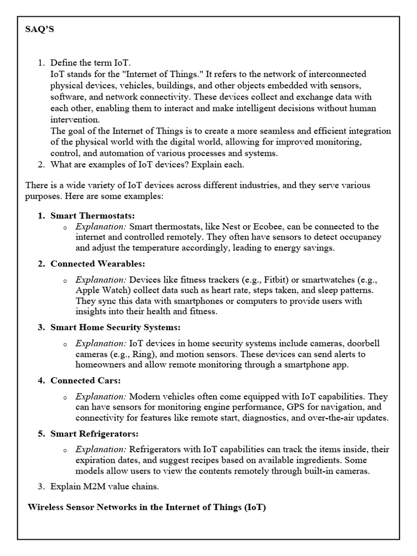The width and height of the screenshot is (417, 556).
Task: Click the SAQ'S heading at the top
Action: point(40,30)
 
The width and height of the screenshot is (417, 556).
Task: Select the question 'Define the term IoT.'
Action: point(91,63)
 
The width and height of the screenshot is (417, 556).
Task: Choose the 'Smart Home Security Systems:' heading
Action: point(115,327)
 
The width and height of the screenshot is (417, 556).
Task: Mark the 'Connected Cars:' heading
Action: point(85,380)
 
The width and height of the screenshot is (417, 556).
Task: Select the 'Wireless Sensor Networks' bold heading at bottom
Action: point(147,507)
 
